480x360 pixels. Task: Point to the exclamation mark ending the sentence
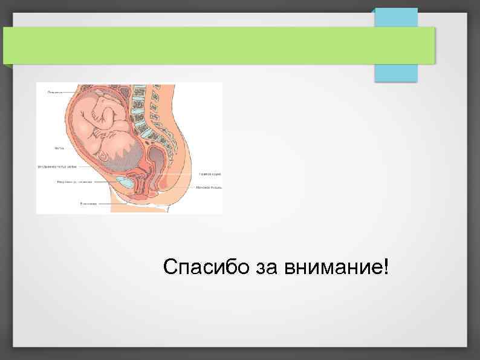tap(386, 266)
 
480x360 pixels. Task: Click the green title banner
tap(218, 45)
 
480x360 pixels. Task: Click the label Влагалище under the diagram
tap(88, 204)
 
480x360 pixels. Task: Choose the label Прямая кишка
tap(210, 174)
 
